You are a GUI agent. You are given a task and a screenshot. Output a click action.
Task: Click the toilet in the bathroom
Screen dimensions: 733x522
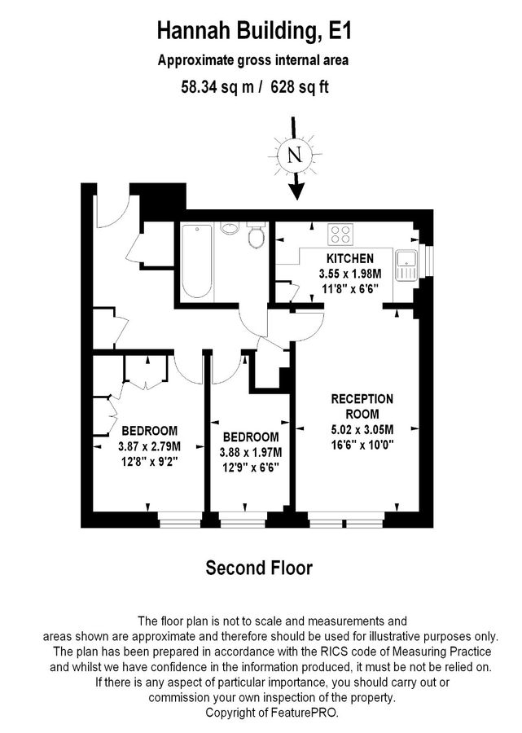click(257, 237)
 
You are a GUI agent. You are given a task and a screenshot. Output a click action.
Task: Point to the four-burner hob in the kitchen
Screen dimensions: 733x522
click(340, 235)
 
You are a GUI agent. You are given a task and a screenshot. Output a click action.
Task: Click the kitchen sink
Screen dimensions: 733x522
click(405, 262)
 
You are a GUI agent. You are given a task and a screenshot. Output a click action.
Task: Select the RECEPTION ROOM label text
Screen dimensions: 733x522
click(362, 406)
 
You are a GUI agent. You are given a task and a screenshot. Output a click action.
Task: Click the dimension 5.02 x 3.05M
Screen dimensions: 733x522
click(362, 429)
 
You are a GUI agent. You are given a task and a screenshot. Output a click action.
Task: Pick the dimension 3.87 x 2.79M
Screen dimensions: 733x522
click(150, 446)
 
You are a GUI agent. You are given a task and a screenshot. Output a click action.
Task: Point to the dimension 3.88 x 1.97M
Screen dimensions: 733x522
click(251, 453)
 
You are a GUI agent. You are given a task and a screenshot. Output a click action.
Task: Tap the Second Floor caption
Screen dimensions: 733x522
click(258, 568)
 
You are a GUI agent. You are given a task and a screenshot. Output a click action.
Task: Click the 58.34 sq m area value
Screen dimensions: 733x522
click(216, 87)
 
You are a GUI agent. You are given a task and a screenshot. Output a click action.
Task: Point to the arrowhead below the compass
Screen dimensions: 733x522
click(296, 191)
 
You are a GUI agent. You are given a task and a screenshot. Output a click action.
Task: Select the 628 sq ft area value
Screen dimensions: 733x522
click(299, 87)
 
